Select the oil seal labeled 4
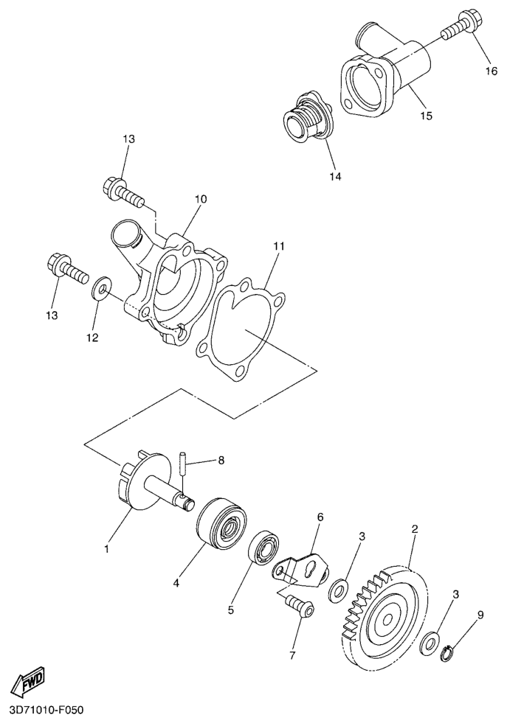(x=221, y=522)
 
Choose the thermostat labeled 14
(x=308, y=117)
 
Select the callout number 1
(x=107, y=549)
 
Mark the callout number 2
(x=415, y=528)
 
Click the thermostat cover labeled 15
(x=387, y=74)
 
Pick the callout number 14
(x=336, y=177)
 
